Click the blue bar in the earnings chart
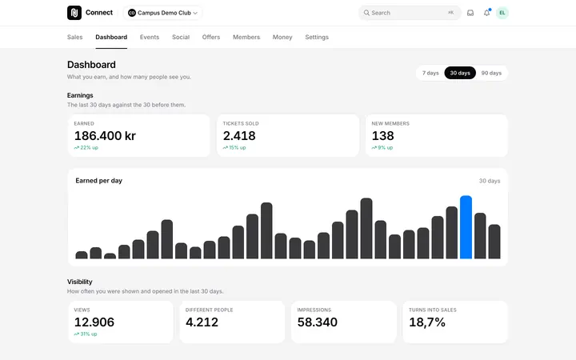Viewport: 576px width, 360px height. [x=466, y=227]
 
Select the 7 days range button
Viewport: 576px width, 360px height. [x=430, y=73]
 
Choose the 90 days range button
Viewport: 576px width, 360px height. [x=491, y=73]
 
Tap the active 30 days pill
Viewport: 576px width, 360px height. [x=460, y=73]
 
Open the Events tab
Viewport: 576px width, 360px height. [x=150, y=37]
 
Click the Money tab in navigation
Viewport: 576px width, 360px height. [x=282, y=37]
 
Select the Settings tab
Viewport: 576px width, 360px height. [x=317, y=37]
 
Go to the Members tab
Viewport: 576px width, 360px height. [x=246, y=37]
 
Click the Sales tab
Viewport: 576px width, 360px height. [x=75, y=37]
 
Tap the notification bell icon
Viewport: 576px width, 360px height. [x=486, y=13]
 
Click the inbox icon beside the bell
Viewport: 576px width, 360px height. [x=470, y=13]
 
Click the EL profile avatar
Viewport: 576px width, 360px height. [x=502, y=13]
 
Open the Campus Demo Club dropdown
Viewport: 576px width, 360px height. [x=162, y=13]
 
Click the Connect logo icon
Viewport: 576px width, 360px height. [x=74, y=13]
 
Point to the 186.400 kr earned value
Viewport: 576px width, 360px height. [x=105, y=136]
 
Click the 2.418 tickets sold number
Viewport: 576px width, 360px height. [x=239, y=136]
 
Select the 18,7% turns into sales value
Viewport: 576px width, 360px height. [x=427, y=322]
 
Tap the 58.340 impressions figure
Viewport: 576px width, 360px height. [x=318, y=322]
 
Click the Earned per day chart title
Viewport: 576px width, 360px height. [x=99, y=181]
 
